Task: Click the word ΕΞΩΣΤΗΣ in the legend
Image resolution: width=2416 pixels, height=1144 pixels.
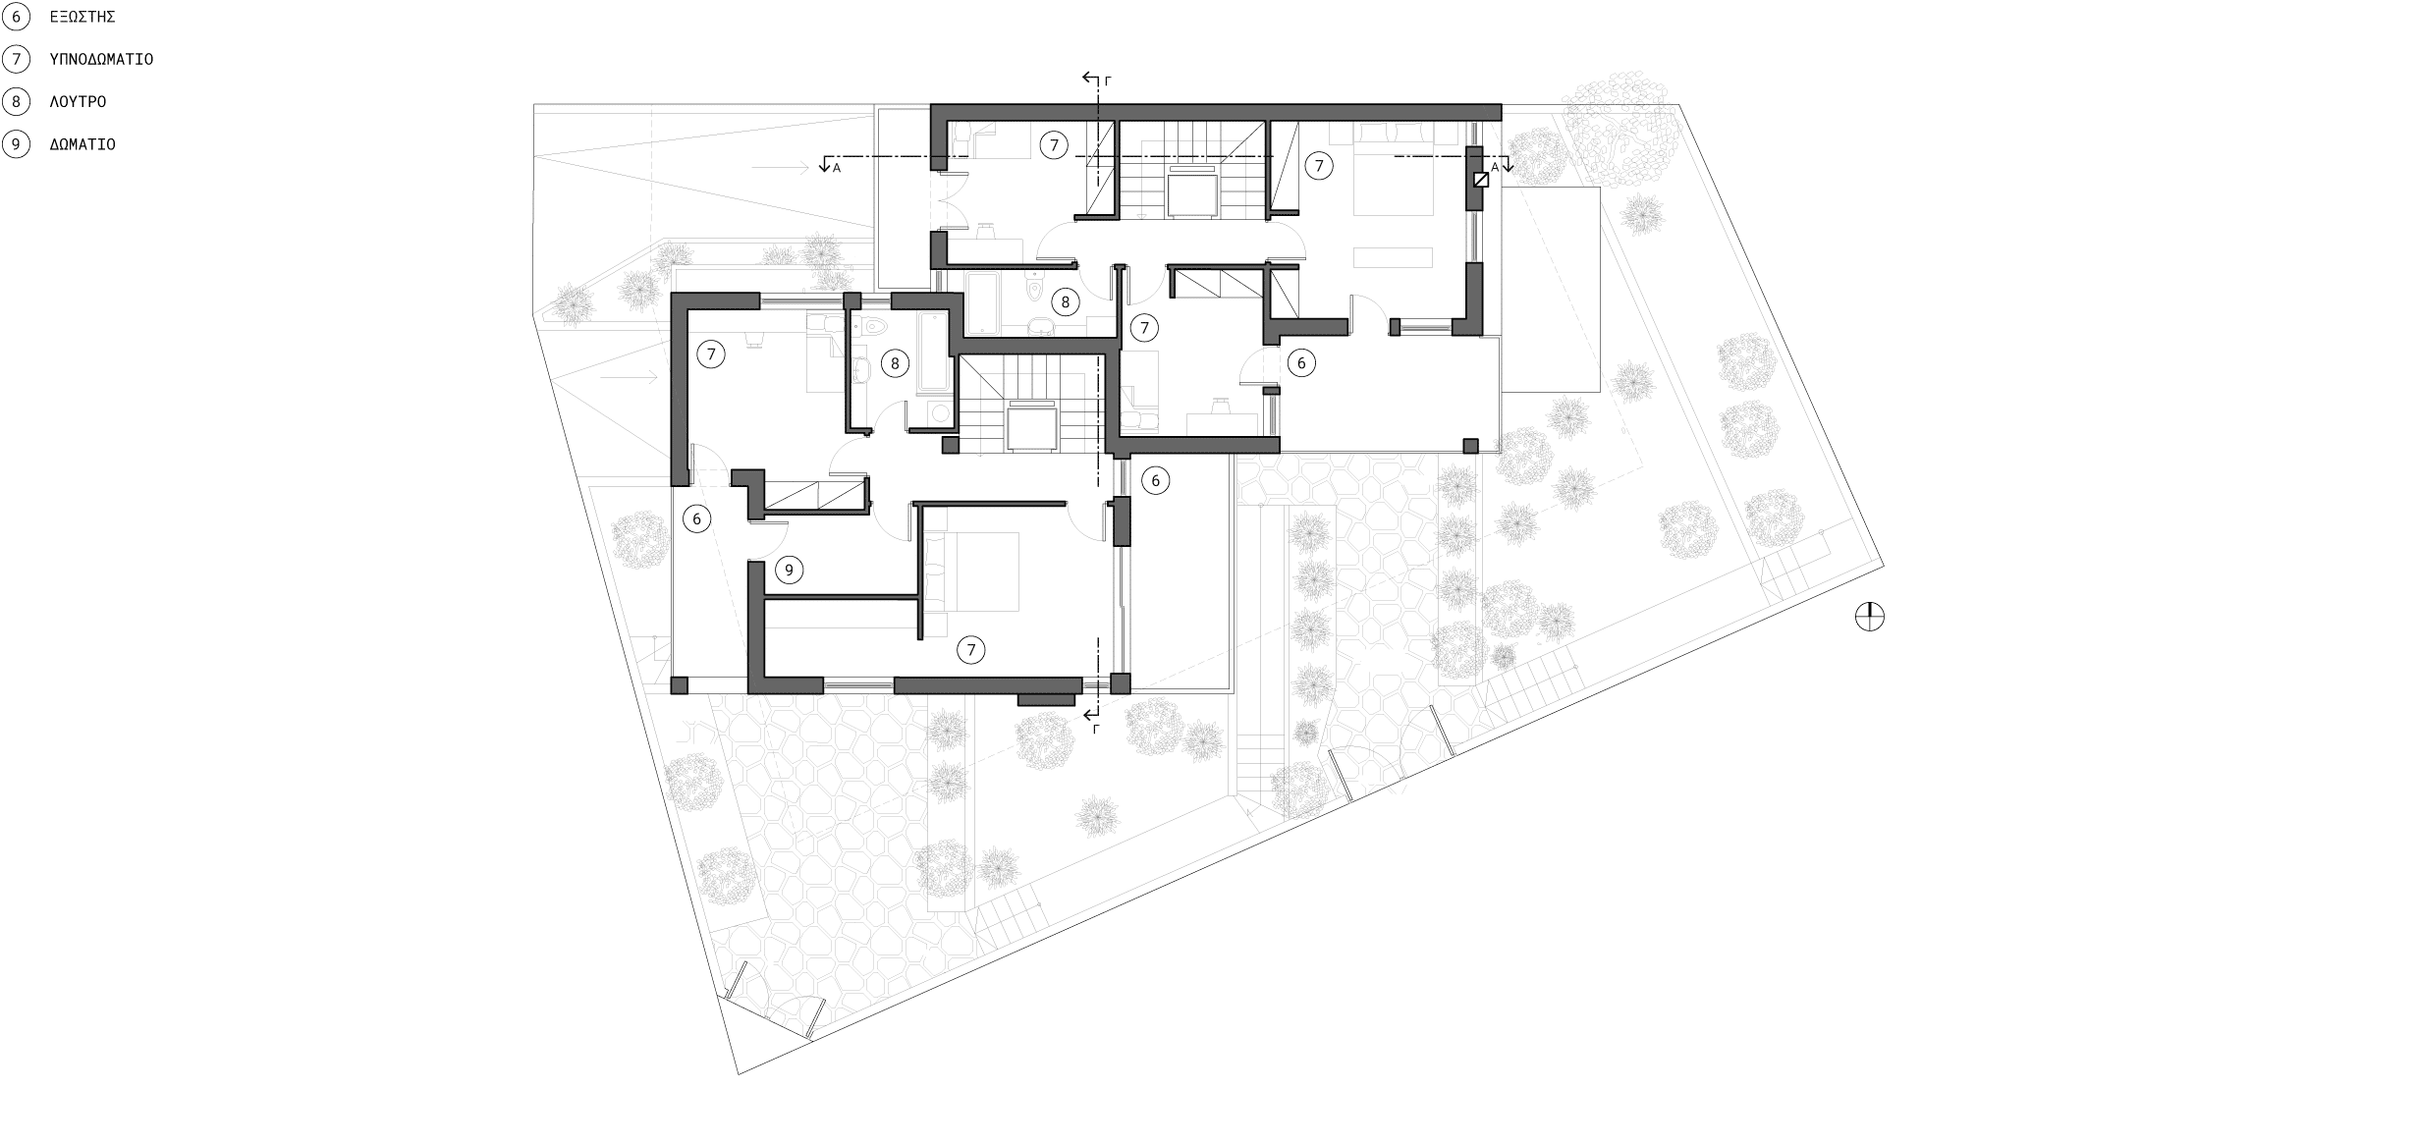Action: [82, 17]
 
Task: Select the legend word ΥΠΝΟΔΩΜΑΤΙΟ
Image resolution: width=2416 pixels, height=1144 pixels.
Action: [101, 59]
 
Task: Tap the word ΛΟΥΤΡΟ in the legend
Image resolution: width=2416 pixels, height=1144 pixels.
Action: [78, 101]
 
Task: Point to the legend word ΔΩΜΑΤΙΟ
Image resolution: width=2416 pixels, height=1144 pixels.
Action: [82, 144]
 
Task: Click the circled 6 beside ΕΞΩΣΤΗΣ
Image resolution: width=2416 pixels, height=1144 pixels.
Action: [16, 17]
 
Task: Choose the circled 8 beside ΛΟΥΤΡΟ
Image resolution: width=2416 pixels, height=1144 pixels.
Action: [16, 101]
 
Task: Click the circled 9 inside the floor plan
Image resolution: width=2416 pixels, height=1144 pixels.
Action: [789, 570]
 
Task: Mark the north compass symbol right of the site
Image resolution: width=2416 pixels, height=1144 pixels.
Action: [1870, 617]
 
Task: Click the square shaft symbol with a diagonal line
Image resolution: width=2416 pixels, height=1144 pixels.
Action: [1481, 180]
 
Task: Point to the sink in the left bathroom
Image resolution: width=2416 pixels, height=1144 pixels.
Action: [861, 370]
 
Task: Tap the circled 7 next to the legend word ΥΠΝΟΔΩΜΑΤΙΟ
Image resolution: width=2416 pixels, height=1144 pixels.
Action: [16, 59]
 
